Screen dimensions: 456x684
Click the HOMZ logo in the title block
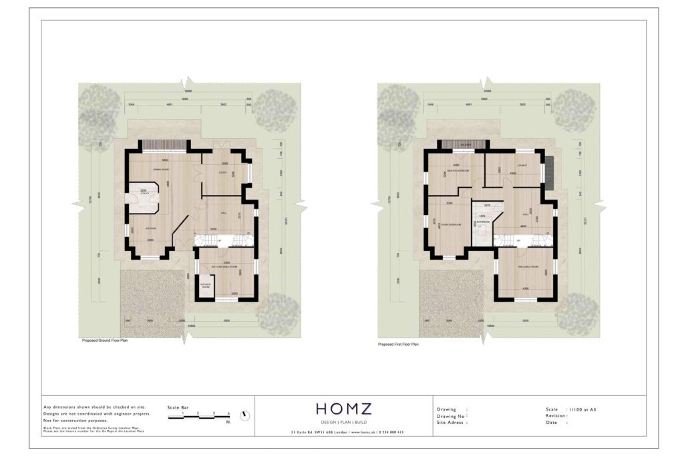(343, 409)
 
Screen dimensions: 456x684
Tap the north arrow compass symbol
(245, 415)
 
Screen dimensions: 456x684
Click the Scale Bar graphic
(198, 417)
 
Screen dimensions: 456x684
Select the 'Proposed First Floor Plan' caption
(398, 345)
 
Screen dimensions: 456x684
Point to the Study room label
(224, 173)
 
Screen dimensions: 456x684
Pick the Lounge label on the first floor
(522, 165)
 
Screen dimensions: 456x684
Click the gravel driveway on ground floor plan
(151, 300)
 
